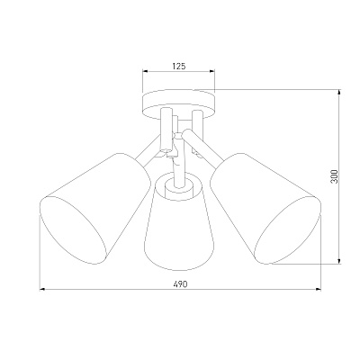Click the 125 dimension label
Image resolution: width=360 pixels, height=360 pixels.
coord(179,66)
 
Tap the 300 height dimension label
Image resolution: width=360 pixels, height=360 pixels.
coord(335,176)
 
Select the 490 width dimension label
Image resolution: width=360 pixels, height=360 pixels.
coord(181,283)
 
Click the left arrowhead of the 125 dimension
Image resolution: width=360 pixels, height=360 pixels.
coord(145,71)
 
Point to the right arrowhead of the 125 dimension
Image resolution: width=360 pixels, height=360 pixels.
coord(212,71)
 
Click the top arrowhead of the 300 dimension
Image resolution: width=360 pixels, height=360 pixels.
coord(339,93)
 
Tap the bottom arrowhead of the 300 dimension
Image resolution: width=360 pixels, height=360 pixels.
coord(339,261)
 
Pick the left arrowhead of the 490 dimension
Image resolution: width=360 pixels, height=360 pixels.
coord(42,290)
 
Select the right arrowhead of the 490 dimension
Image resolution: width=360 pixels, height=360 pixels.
coord(318,290)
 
